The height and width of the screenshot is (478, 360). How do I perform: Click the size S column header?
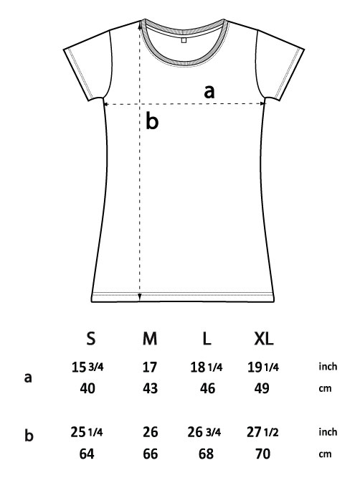click(x=91, y=338)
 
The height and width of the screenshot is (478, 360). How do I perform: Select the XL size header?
click(x=264, y=338)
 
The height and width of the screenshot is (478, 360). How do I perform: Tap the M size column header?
click(x=150, y=338)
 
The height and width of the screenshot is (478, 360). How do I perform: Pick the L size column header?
click(x=207, y=338)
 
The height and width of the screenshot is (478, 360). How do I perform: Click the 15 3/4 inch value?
click(x=87, y=367)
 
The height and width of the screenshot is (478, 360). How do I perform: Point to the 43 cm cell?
click(x=150, y=388)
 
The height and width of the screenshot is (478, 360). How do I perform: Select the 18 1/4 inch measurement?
click(x=207, y=367)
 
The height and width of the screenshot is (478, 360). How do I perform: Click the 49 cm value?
click(x=262, y=388)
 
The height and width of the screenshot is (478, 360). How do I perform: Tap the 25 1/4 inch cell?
click(x=87, y=432)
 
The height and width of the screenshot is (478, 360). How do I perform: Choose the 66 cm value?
click(x=150, y=454)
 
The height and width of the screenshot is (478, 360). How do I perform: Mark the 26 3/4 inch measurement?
click(x=204, y=432)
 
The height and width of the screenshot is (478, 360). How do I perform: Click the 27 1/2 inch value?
click(x=262, y=432)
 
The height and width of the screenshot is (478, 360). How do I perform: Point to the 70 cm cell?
click(x=262, y=454)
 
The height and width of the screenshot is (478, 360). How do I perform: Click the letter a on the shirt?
click(x=209, y=91)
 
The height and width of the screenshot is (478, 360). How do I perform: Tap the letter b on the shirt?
click(x=152, y=121)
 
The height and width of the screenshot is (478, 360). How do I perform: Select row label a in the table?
click(x=28, y=378)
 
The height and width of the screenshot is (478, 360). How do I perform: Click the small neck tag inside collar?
click(x=184, y=40)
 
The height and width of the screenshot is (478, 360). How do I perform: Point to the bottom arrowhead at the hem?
click(x=140, y=296)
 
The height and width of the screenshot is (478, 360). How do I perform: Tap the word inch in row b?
click(x=328, y=431)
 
